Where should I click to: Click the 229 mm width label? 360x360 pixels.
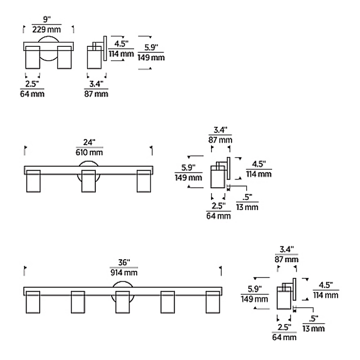click(x=47, y=30)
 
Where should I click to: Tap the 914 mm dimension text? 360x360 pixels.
click(x=124, y=273)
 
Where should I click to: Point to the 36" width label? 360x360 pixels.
click(x=124, y=262)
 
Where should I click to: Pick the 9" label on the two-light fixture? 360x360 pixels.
click(x=46, y=20)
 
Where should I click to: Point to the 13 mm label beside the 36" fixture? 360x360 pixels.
click(x=313, y=328)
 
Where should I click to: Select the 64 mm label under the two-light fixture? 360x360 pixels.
click(x=32, y=94)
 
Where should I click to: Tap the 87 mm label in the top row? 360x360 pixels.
click(x=96, y=94)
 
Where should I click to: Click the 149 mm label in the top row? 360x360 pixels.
click(x=151, y=57)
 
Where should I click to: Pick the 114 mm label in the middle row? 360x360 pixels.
click(x=259, y=174)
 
